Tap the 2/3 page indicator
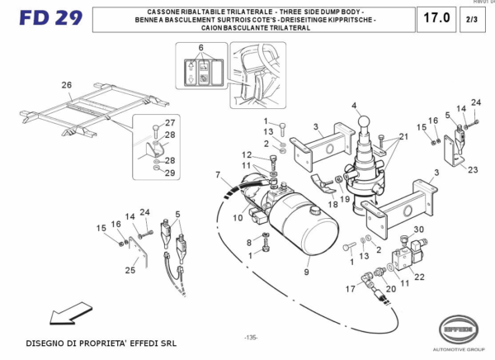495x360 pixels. coord(472,18)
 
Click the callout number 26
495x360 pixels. coord(67,85)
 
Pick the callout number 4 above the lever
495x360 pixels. coord(355,106)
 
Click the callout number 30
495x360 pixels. coord(417,230)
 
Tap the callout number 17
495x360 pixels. coord(350,288)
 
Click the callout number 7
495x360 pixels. coord(219,175)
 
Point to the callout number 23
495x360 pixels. coord(473,170)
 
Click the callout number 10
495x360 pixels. coord(237,218)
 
